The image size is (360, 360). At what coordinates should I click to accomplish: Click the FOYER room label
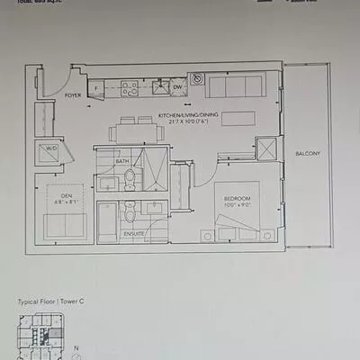coord(73,94)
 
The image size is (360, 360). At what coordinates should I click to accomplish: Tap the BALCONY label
coord(307,154)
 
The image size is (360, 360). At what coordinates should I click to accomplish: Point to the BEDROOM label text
coord(238,198)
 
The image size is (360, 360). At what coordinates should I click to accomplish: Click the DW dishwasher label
coord(177,87)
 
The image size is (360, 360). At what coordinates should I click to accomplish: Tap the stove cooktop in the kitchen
coord(130,88)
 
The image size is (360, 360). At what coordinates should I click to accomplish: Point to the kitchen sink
coord(158,87)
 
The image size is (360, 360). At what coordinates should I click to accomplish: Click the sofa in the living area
coord(235,88)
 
